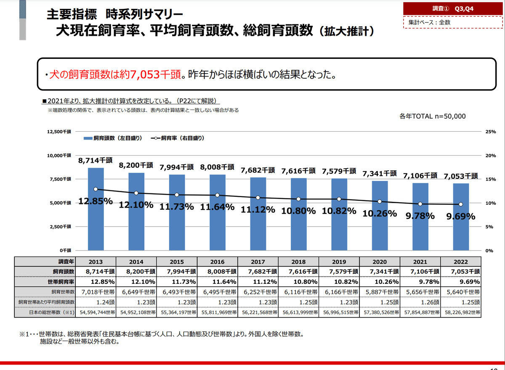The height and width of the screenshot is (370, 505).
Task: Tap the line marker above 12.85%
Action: point(96,189)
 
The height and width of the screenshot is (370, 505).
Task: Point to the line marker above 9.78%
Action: point(420,204)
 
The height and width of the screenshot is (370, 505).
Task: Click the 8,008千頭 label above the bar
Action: point(217,167)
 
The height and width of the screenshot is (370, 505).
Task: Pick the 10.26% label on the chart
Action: point(380,213)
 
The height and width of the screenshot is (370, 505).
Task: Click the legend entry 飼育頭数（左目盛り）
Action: point(112,138)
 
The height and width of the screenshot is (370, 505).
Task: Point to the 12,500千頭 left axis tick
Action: point(61,132)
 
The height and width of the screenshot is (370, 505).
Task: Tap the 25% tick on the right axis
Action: point(491,132)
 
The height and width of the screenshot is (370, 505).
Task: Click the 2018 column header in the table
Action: point(298,261)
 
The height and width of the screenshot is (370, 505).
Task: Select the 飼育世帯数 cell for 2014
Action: point(136,291)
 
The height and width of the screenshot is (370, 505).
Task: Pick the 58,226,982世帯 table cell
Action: point(461,312)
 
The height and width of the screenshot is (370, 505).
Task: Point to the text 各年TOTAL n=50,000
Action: point(433,116)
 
